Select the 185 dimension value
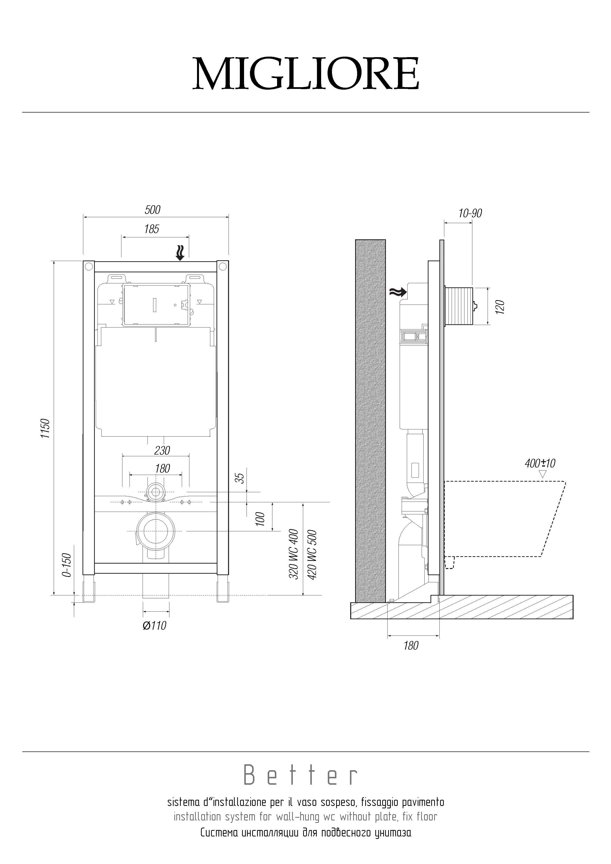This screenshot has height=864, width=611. [x=152, y=229]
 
